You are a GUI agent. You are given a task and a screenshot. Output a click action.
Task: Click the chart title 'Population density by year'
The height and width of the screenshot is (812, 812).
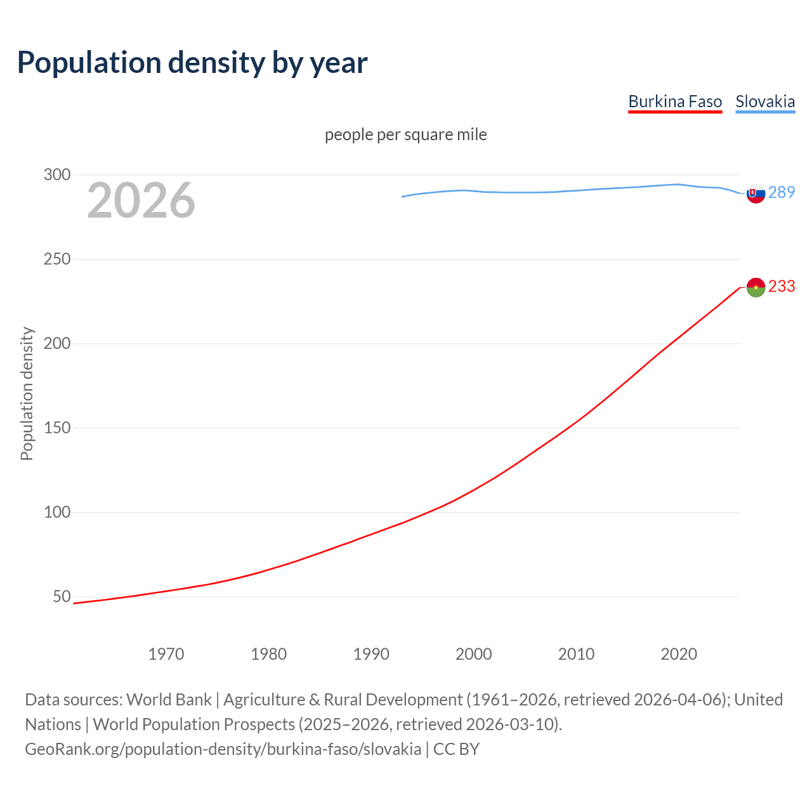[x=192, y=63]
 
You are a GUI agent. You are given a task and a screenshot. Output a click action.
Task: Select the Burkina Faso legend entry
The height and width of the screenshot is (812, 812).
[x=675, y=101]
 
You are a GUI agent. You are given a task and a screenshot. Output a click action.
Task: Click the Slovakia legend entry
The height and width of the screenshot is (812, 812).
[x=765, y=101]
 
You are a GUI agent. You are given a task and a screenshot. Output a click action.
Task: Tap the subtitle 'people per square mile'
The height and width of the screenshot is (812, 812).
[x=406, y=134]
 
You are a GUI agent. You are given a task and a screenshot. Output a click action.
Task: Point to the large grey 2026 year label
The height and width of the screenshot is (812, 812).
[x=141, y=200]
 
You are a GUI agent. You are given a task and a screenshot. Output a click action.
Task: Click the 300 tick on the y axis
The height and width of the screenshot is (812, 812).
[x=57, y=174]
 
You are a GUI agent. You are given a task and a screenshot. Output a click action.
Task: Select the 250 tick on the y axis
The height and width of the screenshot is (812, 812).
[x=57, y=259]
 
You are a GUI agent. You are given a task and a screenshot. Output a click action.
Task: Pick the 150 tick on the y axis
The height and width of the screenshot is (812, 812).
[x=57, y=428]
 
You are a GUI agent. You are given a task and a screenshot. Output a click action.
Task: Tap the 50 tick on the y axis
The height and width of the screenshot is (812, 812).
[x=62, y=596]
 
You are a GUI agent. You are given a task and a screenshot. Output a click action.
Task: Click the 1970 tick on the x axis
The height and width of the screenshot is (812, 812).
[x=166, y=654]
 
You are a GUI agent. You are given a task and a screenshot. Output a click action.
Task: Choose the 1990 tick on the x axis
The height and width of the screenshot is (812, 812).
[x=371, y=654]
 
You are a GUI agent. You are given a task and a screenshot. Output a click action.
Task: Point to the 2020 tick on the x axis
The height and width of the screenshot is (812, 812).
[x=679, y=654]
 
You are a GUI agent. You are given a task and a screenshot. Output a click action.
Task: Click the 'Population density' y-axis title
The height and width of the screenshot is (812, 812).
[x=27, y=393]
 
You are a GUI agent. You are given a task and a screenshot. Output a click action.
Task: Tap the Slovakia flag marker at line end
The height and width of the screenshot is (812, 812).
[x=756, y=193]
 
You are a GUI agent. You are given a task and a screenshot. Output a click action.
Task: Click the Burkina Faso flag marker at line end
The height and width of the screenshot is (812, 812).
[x=756, y=287]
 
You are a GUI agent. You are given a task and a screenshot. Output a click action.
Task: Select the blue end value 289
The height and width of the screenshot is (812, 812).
[x=782, y=192]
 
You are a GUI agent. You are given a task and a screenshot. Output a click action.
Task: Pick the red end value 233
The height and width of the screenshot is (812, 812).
[x=782, y=286]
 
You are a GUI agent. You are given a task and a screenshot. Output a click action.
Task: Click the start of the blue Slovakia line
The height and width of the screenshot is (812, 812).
[x=402, y=197]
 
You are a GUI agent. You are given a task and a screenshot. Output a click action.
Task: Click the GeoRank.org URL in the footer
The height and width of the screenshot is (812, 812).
[x=223, y=749]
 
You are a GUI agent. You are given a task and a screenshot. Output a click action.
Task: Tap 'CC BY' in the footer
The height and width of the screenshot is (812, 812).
[x=456, y=749]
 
